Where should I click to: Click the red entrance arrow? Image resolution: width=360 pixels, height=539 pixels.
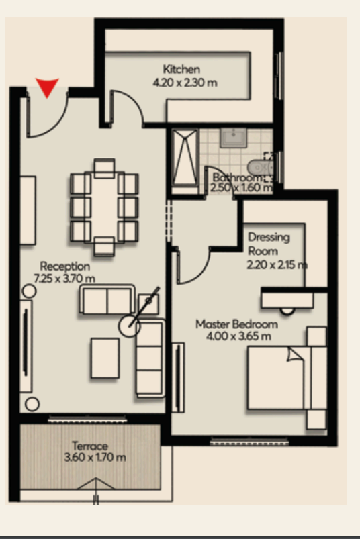coord(47,87)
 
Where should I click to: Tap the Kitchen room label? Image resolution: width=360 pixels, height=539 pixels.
coord(181,69)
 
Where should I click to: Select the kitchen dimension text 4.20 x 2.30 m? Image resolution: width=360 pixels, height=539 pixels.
coord(185,83)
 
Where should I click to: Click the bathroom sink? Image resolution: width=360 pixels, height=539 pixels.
coord(233,138)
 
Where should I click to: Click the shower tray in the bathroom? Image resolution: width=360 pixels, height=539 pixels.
coord(185,158)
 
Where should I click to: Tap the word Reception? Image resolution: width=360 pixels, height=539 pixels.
coord(65,266)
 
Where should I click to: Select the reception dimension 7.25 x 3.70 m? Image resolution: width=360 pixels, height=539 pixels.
coord(64,278)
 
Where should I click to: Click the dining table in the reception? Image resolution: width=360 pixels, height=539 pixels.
coord(105,207)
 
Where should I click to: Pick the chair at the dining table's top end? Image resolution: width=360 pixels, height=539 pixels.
coord(105,168)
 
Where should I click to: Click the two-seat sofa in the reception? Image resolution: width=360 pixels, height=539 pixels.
coord(107,299)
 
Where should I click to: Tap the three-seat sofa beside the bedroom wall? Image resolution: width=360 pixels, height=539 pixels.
coord(150,358)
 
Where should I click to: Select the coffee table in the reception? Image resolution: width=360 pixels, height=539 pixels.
coord(105,358)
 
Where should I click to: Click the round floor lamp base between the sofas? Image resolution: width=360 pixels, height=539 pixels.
coord(129,326)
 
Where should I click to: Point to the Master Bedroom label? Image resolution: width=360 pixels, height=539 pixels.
coord(237,324)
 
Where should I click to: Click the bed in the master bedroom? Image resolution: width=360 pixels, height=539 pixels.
coord(287,378)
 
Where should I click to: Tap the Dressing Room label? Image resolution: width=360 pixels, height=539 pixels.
coord(269,244)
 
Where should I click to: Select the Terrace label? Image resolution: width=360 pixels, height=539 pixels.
coord(90,446)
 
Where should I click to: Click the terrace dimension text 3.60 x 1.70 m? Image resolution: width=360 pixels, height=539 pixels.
coord(95,458)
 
